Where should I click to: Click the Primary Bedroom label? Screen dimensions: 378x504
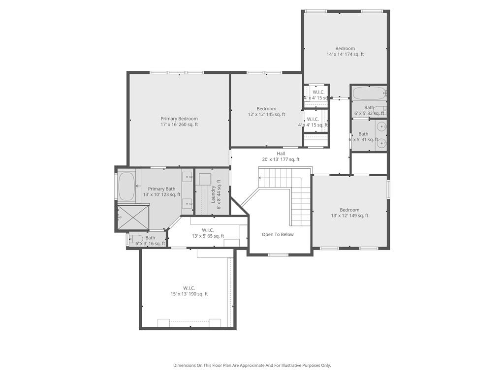point(179,122)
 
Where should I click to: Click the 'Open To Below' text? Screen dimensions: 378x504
point(278,234)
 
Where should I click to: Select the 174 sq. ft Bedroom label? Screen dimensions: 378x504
point(345,51)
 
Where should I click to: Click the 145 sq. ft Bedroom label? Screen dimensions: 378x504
point(266,112)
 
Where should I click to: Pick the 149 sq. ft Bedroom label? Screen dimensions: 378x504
point(349,213)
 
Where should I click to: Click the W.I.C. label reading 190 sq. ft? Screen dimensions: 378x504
point(189,291)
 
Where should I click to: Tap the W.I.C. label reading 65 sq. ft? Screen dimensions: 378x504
point(208,233)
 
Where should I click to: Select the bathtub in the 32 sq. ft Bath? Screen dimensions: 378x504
point(369,93)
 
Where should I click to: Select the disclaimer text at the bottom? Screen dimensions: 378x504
point(252,365)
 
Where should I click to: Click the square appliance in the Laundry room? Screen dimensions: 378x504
point(205,178)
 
